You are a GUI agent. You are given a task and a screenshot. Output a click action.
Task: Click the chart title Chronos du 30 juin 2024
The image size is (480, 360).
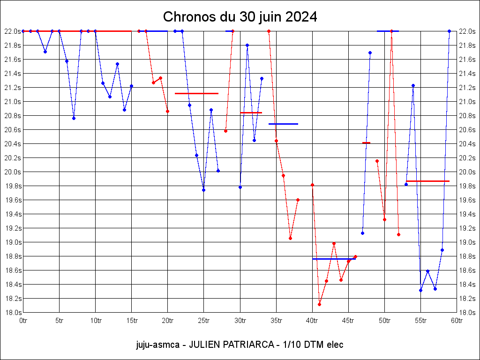(240, 17)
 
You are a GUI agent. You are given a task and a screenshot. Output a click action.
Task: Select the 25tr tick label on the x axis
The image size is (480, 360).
(203, 321)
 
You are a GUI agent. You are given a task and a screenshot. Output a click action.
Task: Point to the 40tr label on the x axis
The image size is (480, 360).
(312, 321)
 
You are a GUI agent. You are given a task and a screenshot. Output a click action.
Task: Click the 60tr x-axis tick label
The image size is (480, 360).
(457, 321)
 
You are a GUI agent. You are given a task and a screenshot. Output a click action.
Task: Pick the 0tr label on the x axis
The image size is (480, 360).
(23, 321)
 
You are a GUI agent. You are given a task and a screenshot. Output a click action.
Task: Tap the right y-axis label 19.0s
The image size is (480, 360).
(467, 242)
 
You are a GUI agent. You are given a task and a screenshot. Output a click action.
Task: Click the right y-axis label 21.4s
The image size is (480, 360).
(467, 74)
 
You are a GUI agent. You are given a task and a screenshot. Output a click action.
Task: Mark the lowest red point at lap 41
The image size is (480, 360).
(319, 304)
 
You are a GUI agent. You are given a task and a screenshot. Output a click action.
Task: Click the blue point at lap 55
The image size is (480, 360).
(420, 290)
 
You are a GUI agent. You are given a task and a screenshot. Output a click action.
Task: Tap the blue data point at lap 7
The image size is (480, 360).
(74, 118)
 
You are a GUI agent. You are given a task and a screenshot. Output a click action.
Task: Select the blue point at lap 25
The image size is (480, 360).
(203, 190)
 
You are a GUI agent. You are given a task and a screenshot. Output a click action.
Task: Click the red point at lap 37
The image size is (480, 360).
(290, 238)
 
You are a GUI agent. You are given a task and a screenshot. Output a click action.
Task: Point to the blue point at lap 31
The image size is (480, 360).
(247, 45)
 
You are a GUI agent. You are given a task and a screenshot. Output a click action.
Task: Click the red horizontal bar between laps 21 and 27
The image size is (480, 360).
(196, 93)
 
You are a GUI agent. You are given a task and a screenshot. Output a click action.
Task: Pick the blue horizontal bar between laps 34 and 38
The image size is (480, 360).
(283, 124)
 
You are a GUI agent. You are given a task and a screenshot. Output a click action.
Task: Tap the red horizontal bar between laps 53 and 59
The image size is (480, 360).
(427, 181)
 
